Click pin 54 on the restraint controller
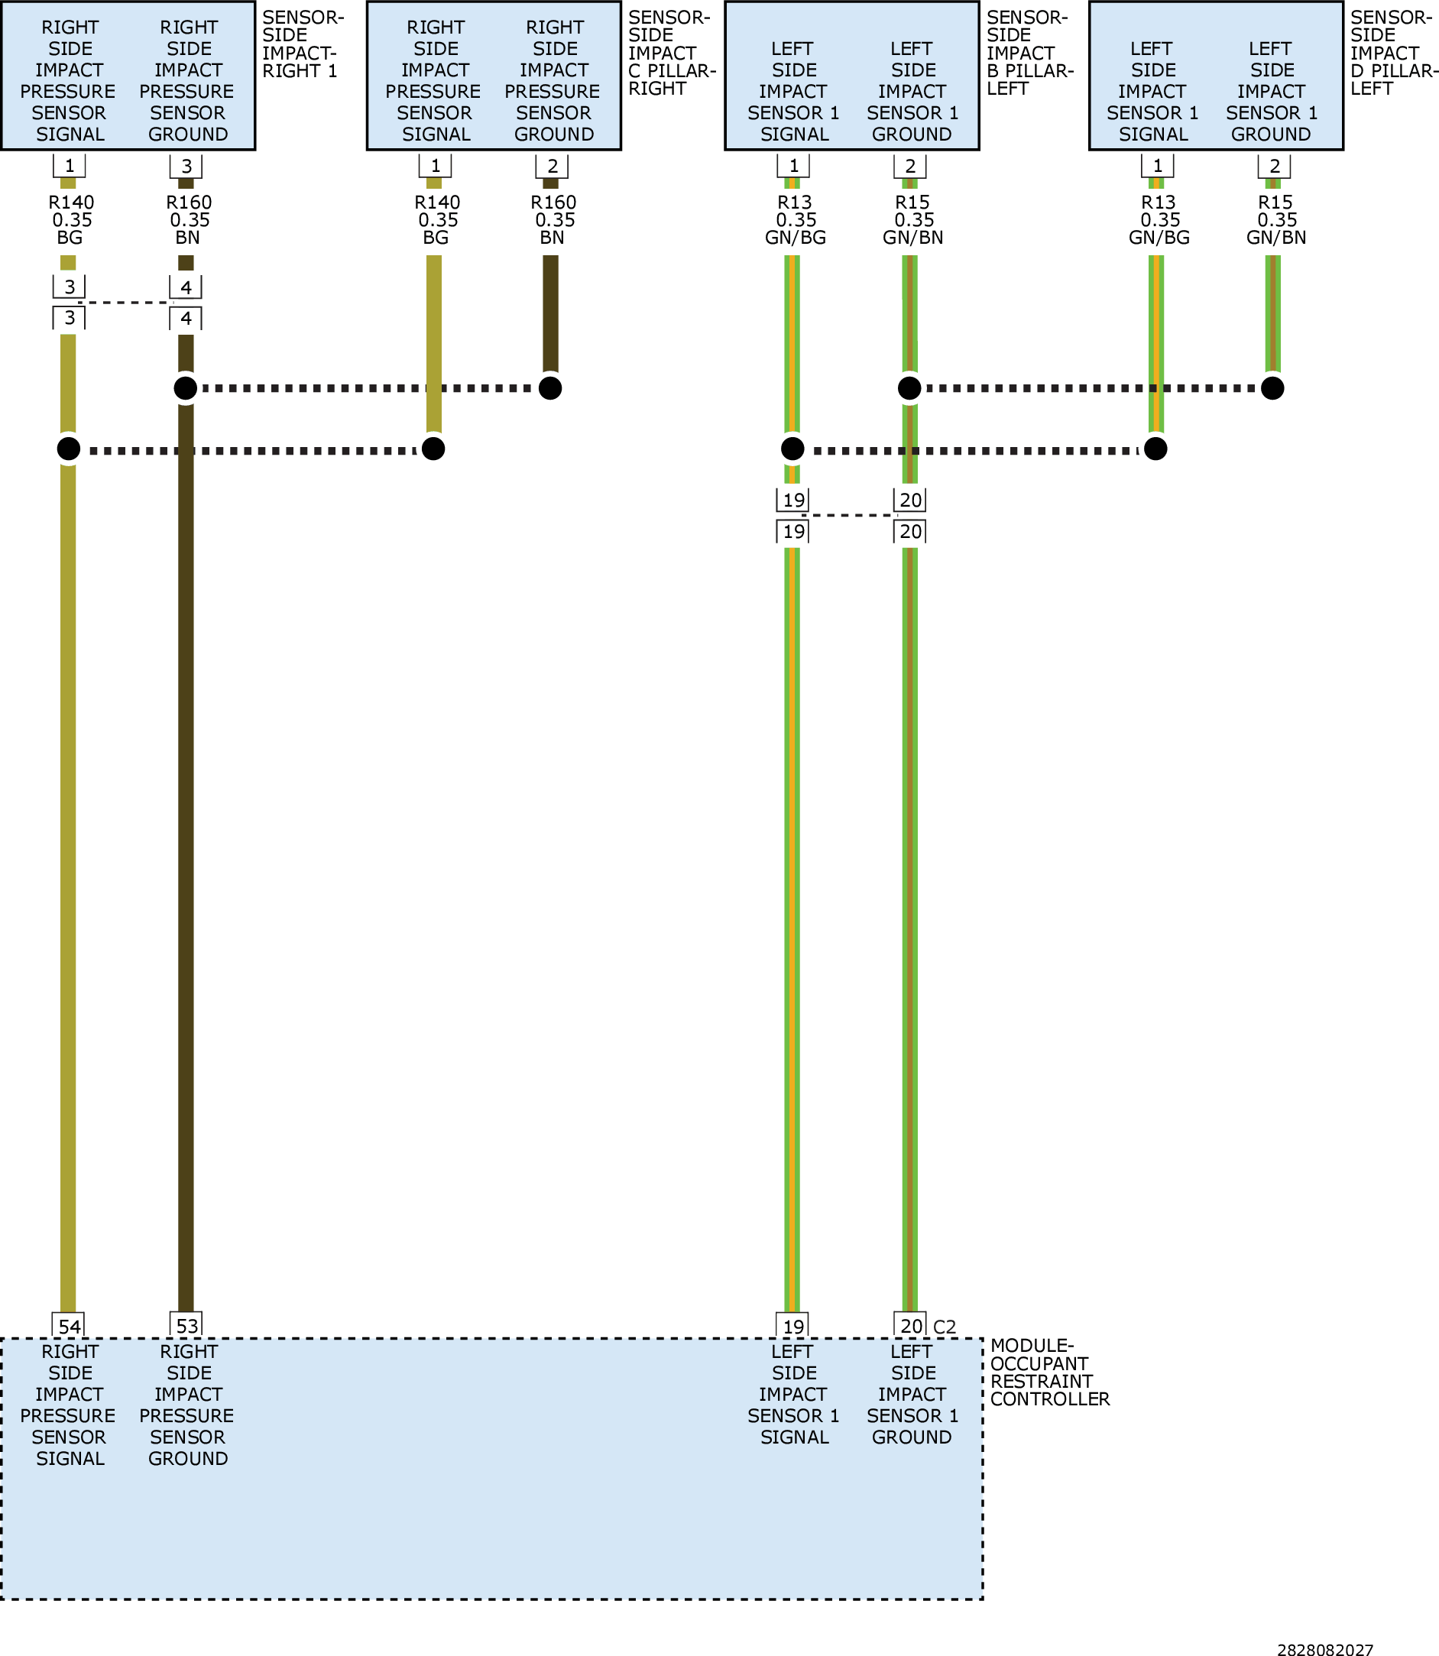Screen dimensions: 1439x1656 coord(69,1326)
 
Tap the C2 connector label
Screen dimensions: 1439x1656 coord(945,1327)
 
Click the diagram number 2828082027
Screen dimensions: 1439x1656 coord(1325,1643)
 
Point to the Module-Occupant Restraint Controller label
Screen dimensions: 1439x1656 coord(1049,1372)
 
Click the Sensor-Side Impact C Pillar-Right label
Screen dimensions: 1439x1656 coord(671,53)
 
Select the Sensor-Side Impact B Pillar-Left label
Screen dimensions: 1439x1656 coord(1029,53)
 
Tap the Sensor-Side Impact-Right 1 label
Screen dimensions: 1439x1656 coord(303,44)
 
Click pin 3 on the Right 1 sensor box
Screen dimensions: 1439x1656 coord(186,167)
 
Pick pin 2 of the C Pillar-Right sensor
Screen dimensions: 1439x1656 coord(553,167)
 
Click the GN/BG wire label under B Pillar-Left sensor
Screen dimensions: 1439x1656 coord(795,238)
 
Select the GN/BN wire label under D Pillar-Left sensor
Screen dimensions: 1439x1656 coord(1276,238)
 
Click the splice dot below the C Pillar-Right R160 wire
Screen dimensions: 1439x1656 coord(550,388)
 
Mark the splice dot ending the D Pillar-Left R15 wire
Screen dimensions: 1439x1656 coord(1272,388)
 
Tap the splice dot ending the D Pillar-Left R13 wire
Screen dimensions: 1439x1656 coord(1155,448)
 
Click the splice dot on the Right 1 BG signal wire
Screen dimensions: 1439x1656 coord(69,448)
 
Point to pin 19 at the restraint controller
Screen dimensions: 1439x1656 coord(793,1326)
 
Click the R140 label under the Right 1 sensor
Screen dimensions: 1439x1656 coord(72,203)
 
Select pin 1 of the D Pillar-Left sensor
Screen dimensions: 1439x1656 coord(1157,167)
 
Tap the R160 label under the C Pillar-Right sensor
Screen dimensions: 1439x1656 coord(553,203)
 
